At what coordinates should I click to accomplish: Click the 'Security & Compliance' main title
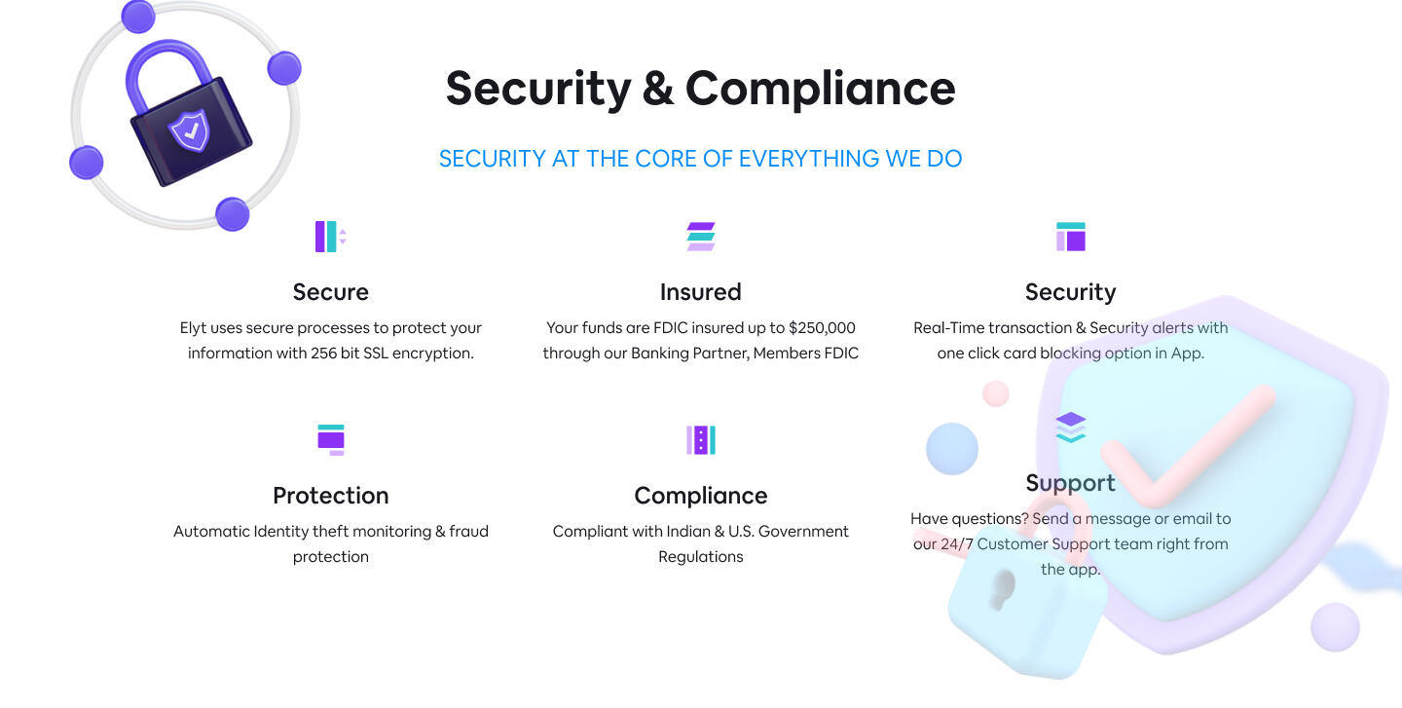click(700, 89)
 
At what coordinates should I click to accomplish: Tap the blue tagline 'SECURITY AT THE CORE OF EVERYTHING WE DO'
click(700, 159)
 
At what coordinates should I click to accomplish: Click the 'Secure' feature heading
click(330, 292)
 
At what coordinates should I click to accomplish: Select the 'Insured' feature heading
click(700, 292)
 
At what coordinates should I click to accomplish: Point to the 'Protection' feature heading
click(330, 496)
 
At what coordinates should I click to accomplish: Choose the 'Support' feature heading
click(1070, 483)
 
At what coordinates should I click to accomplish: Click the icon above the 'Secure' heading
click(330, 237)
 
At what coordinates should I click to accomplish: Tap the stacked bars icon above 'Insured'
click(700, 237)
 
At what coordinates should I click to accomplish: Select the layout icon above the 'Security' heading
click(1070, 237)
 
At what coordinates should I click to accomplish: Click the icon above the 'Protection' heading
click(330, 440)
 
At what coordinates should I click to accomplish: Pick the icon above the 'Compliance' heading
click(700, 440)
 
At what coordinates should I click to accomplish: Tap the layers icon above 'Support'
click(1070, 428)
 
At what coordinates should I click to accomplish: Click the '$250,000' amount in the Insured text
click(822, 328)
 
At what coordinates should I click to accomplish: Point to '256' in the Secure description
click(323, 354)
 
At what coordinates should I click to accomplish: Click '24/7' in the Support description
click(956, 544)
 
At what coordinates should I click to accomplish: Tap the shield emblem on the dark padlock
click(190, 130)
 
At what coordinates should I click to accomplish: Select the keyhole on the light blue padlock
click(1003, 589)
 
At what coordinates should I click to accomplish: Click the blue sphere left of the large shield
click(952, 448)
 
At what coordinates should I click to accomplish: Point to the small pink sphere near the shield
click(996, 393)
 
